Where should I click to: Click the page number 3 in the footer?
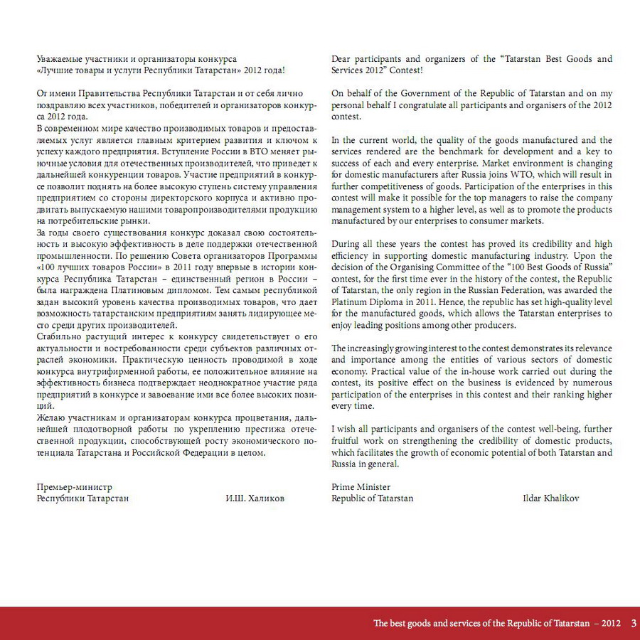(633, 624)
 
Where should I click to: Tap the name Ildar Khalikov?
(550, 498)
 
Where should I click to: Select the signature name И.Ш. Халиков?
(255, 498)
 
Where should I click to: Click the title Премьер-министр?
(75, 487)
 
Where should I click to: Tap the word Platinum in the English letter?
(350, 302)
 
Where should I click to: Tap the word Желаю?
(50, 417)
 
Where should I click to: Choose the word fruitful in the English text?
(348, 441)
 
